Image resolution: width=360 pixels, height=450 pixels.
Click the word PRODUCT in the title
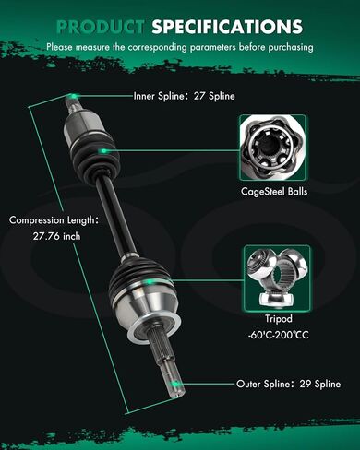[x=101, y=27]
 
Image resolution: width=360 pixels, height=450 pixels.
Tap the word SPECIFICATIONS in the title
[x=227, y=27]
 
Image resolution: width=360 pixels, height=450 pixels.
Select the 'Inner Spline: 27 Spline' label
[x=184, y=96]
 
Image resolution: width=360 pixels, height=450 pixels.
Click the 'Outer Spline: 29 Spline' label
[x=288, y=384]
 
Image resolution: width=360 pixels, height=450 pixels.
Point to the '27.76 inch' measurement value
[x=56, y=236]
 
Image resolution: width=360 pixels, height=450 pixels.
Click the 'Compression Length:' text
[x=54, y=220]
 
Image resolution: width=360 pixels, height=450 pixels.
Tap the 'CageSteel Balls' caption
[x=274, y=192]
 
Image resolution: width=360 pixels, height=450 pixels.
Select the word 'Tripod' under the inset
[x=279, y=319]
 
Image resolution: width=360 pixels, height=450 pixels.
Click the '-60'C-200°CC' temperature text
[x=278, y=335]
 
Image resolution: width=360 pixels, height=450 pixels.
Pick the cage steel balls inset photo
[x=273, y=148]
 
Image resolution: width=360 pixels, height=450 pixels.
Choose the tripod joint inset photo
[x=277, y=278]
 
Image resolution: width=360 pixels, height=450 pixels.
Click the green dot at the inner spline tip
[x=74, y=96]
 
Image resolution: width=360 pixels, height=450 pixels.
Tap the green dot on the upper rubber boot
[x=103, y=151]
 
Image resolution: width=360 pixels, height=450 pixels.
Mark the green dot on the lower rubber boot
[x=150, y=281]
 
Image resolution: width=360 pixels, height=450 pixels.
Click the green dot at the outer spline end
[x=174, y=384]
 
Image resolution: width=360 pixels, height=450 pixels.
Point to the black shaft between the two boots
[x=115, y=216]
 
